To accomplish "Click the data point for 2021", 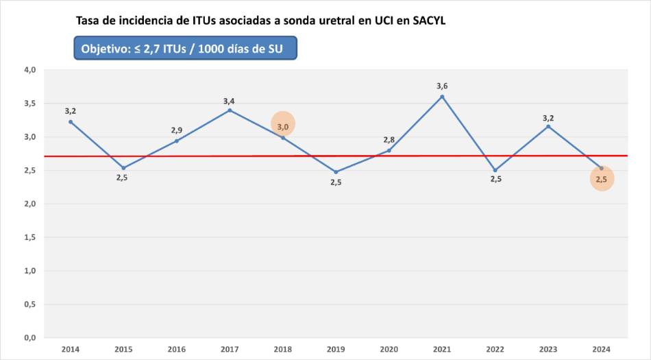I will click(x=442, y=97).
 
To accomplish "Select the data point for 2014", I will click(x=71, y=122).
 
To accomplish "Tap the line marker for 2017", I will click(x=230, y=110).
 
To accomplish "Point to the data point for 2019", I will click(x=336, y=171).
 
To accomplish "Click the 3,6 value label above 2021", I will click(x=442, y=86).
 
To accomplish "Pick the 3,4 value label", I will click(x=229, y=101).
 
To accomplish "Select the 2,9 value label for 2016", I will click(x=177, y=130).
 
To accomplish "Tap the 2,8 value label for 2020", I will click(x=389, y=140).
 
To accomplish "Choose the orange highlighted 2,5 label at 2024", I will click(x=601, y=180).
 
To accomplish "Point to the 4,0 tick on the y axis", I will click(x=29, y=70).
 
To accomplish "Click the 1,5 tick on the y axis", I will click(x=29, y=237).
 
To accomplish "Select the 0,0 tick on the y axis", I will click(x=29, y=338).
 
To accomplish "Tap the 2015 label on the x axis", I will click(x=123, y=349).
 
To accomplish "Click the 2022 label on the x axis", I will click(x=495, y=349).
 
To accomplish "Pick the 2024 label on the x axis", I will click(x=601, y=349).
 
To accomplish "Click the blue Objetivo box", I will click(x=185, y=48).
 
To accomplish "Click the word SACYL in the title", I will click(x=429, y=21).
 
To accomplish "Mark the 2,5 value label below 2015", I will click(x=123, y=178).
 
